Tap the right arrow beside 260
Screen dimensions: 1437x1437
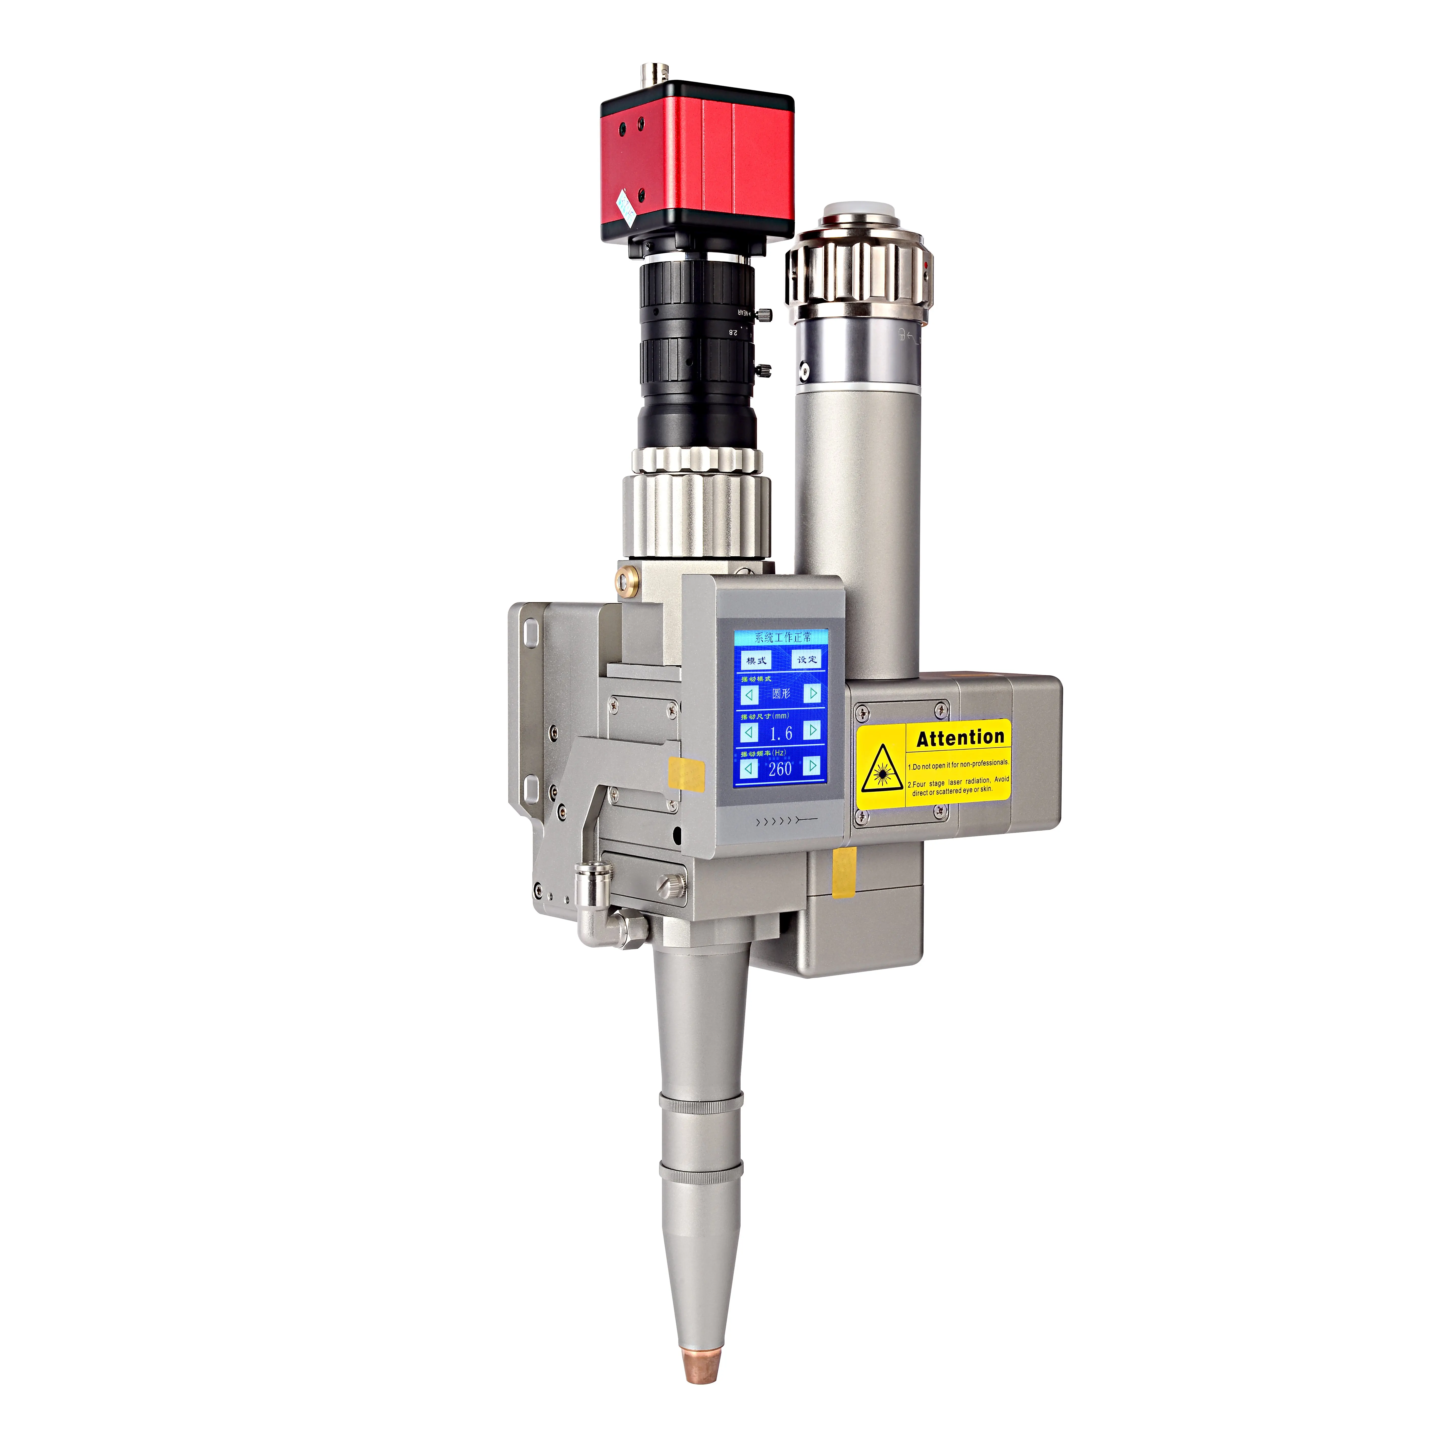point(812,765)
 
